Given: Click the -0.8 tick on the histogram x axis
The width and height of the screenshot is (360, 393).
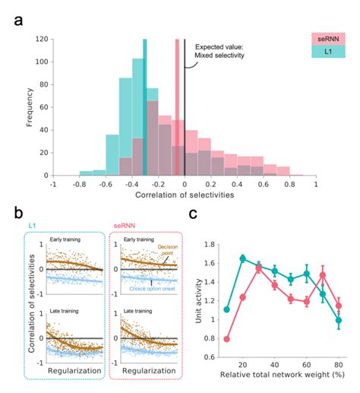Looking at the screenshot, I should (80, 183).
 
